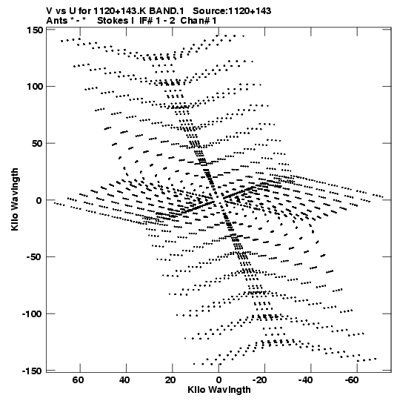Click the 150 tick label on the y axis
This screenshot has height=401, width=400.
tap(35, 30)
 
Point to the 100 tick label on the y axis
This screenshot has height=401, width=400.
tap(35, 87)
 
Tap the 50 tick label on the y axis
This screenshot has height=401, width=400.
tap(37, 143)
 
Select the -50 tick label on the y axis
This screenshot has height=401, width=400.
tap(35, 256)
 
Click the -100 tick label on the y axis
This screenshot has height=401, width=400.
tap(32, 314)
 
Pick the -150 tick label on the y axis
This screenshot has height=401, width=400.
tap(32, 371)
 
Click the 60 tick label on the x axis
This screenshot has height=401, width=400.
tap(78, 380)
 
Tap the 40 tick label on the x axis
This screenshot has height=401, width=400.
tap(124, 380)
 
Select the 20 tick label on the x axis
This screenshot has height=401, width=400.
tap(170, 380)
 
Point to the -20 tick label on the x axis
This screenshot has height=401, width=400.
tap(260, 380)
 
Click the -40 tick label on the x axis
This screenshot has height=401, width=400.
tap(306, 380)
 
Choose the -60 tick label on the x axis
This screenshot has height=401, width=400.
tap(352, 380)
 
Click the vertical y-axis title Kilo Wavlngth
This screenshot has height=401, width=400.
tap(15, 199)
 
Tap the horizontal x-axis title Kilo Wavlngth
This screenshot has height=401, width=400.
tap(219, 390)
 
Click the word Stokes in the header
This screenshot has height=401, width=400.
tap(113, 21)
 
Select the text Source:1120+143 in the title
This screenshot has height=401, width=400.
tap(232, 11)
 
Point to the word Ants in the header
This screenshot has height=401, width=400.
tap(57, 21)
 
